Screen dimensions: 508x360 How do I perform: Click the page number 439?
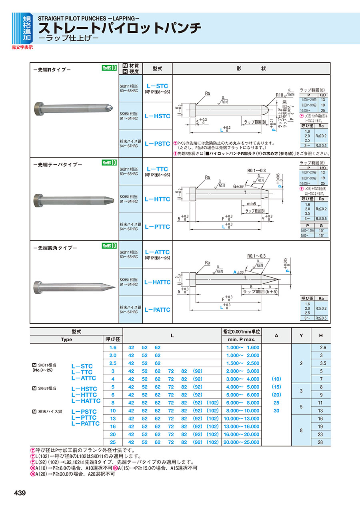point(20,493)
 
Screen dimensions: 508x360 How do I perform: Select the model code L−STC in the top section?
point(157,86)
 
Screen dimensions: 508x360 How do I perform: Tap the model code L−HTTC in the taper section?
point(157,199)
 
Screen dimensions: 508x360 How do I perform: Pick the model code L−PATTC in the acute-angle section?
point(157,310)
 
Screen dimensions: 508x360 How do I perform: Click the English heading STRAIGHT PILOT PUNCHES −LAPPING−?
point(88,18)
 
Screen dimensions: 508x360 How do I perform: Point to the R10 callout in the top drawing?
point(279,95)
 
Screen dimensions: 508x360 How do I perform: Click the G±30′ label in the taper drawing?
point(240,186)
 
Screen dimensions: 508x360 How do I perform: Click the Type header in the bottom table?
point(66,339)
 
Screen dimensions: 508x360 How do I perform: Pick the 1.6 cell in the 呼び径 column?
point(113,348)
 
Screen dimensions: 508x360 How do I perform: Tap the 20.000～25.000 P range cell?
point(243,442)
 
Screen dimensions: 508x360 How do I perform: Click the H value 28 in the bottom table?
point(321,442)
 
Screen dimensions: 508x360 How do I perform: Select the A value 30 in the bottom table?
point(276,411)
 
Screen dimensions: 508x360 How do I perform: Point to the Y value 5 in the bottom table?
point(301,407)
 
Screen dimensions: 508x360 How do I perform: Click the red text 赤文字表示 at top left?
point(22,48)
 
